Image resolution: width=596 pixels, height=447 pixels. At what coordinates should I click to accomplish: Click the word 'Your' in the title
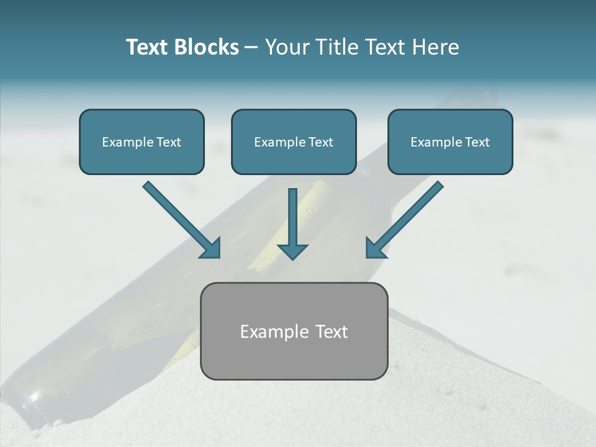tap(286, 47)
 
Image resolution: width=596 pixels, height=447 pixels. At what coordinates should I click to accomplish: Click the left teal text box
tap(142, 142)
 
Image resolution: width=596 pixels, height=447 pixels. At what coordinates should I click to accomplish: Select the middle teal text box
tap(294, 142)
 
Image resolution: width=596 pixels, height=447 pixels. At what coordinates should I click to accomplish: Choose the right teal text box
tap(450, 142)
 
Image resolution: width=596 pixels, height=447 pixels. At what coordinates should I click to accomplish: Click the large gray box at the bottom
tap(294, 331)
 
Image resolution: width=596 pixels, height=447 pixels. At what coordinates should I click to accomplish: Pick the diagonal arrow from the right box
tap(407, 217)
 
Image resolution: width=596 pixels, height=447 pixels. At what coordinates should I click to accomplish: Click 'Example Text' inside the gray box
tap(294, 332)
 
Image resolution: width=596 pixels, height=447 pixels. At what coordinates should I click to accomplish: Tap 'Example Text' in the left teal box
tap(142, 142)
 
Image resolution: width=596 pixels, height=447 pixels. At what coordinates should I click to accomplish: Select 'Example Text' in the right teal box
tap(450, 142)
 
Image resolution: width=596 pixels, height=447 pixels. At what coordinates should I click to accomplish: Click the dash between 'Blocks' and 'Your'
tap(251, 47)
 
